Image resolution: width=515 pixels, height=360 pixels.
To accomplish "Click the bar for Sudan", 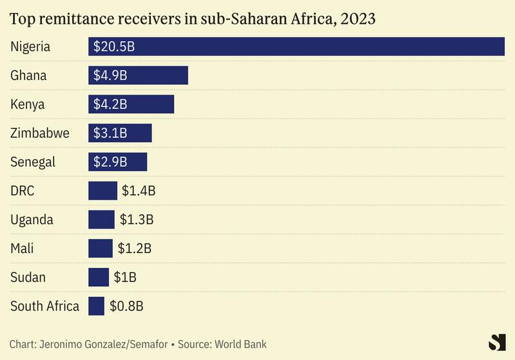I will [x=99, y=278].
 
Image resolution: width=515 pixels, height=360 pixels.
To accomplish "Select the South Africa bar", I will [x=96, y=306].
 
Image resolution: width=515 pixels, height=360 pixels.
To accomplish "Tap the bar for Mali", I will [x=101, y=249].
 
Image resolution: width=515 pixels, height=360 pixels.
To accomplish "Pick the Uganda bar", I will [x=101, y=220].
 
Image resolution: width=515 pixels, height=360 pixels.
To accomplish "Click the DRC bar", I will [x=103, y=191].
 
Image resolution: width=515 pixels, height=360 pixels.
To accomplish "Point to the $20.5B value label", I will [x=113, y=46].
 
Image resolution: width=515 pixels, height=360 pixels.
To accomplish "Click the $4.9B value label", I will [x=110, y=75].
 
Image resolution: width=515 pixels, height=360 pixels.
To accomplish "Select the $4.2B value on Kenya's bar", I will [x=110, y=104].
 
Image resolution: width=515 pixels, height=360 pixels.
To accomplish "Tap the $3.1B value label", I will [x=110, y=133].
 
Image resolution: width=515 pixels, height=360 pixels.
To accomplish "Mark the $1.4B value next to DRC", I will [x=139, y=191].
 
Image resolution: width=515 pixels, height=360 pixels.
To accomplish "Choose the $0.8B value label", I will [x=126, y=306].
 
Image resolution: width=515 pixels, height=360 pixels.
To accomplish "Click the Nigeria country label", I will [x=30, y=46].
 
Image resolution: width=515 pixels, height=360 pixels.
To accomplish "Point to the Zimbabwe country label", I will [x=40, y=133].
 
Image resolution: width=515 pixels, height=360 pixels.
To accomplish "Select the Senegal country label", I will [x=33, y=162].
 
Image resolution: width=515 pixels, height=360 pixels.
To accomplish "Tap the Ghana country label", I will [x=28, y=75].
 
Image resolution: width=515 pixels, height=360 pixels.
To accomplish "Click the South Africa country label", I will [x=44, y=306].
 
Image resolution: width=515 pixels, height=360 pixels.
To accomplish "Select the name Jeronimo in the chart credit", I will [x=63, y=345].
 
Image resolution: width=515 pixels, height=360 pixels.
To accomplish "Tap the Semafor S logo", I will [x=498, y=343].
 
